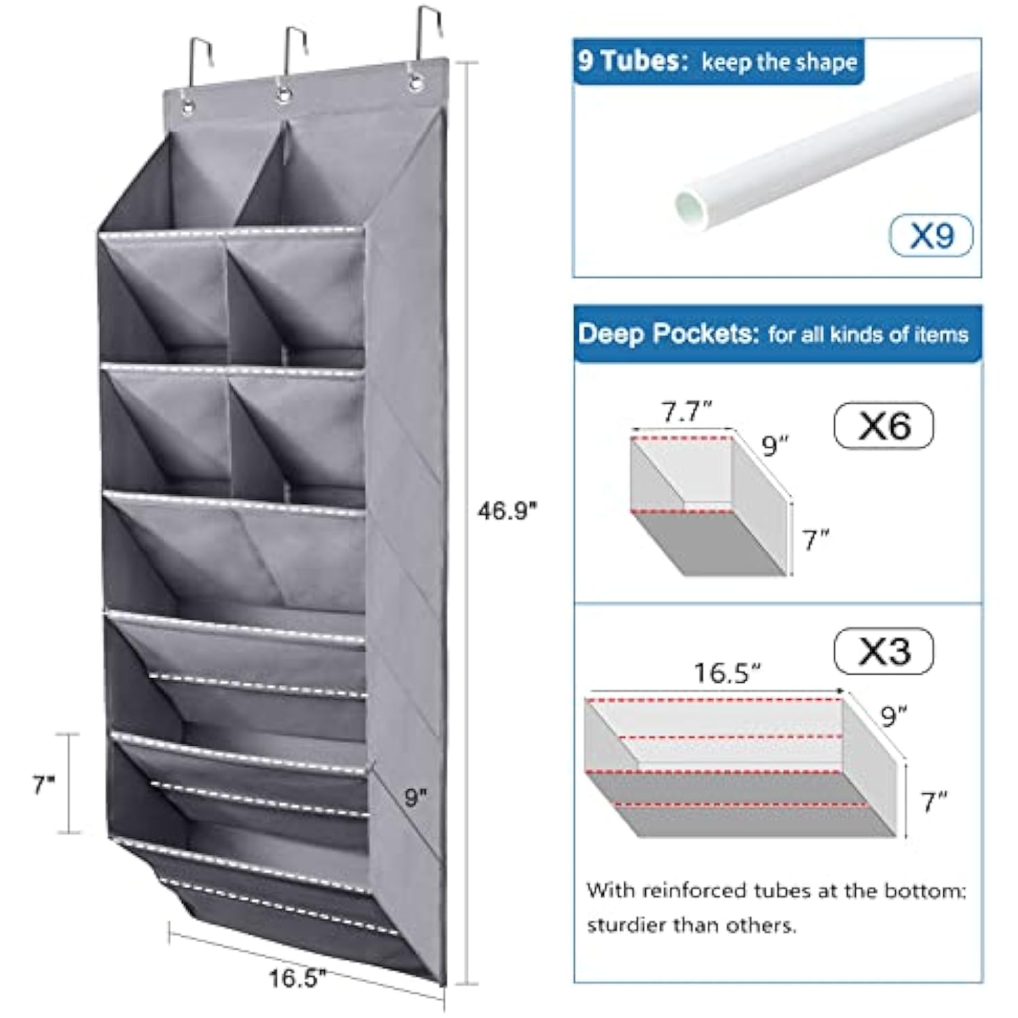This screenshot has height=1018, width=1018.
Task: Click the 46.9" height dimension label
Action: click(507, 510)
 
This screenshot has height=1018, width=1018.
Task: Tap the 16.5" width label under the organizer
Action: click(297, 978)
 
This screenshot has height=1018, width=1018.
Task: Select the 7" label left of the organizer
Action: click(43, 785)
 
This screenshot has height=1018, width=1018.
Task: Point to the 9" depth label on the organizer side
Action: click(415, 797)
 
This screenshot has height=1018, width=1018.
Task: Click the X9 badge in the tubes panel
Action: click(931, 235)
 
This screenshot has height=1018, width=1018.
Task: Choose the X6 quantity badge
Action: click(884, 426)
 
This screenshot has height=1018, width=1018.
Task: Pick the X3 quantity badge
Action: click(884, 652)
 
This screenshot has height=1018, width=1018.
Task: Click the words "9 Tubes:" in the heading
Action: click(633, 61)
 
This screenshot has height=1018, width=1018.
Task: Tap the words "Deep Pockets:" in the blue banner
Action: click(668, 334)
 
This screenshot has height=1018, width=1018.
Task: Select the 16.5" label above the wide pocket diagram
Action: click(727, 673)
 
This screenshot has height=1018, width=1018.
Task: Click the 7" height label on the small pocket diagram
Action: click(816, 540)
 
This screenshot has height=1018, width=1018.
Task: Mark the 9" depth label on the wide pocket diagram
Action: click(894, 715)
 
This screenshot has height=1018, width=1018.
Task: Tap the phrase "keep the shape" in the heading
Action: click(779, 62)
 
